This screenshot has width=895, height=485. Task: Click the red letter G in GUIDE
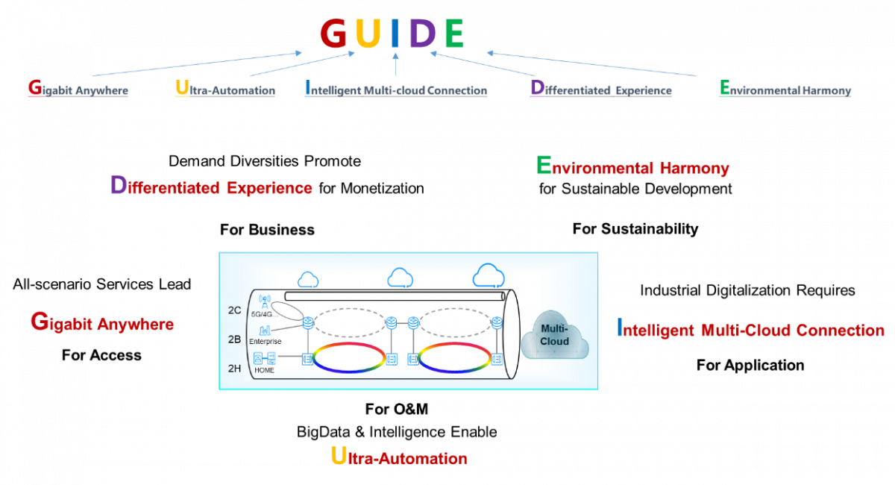[333, 34]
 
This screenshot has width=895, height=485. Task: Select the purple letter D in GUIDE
[422, 34]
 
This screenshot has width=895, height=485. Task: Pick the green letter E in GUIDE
[454, 34]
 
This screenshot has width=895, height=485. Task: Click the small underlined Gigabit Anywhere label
[78, 90]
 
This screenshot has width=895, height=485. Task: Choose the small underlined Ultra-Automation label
[225, 90]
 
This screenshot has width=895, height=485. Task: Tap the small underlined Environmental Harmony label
[785, 90]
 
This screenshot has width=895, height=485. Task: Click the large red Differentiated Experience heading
[212, 187]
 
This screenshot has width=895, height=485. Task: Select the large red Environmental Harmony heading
[632, 167]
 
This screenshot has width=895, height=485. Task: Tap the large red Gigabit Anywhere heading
[102, 323]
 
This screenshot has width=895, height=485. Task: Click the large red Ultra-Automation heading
[399, 457]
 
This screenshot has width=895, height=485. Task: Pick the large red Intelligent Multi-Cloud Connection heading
[750, 329]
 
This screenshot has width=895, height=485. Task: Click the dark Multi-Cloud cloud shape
[555, 336]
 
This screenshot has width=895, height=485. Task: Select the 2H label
[235, 369]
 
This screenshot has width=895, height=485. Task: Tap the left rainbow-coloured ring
[349, 357]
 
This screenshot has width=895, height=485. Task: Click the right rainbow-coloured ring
[454, 357]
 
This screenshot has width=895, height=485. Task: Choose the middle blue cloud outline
[401, 278]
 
